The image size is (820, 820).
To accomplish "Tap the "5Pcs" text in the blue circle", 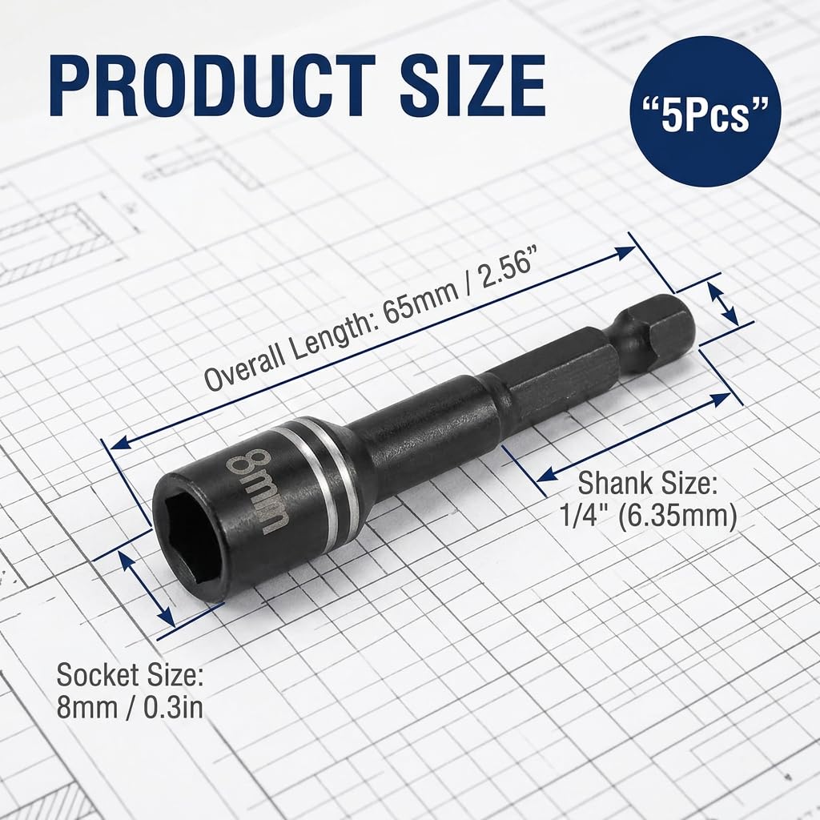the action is tap(705, 111).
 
